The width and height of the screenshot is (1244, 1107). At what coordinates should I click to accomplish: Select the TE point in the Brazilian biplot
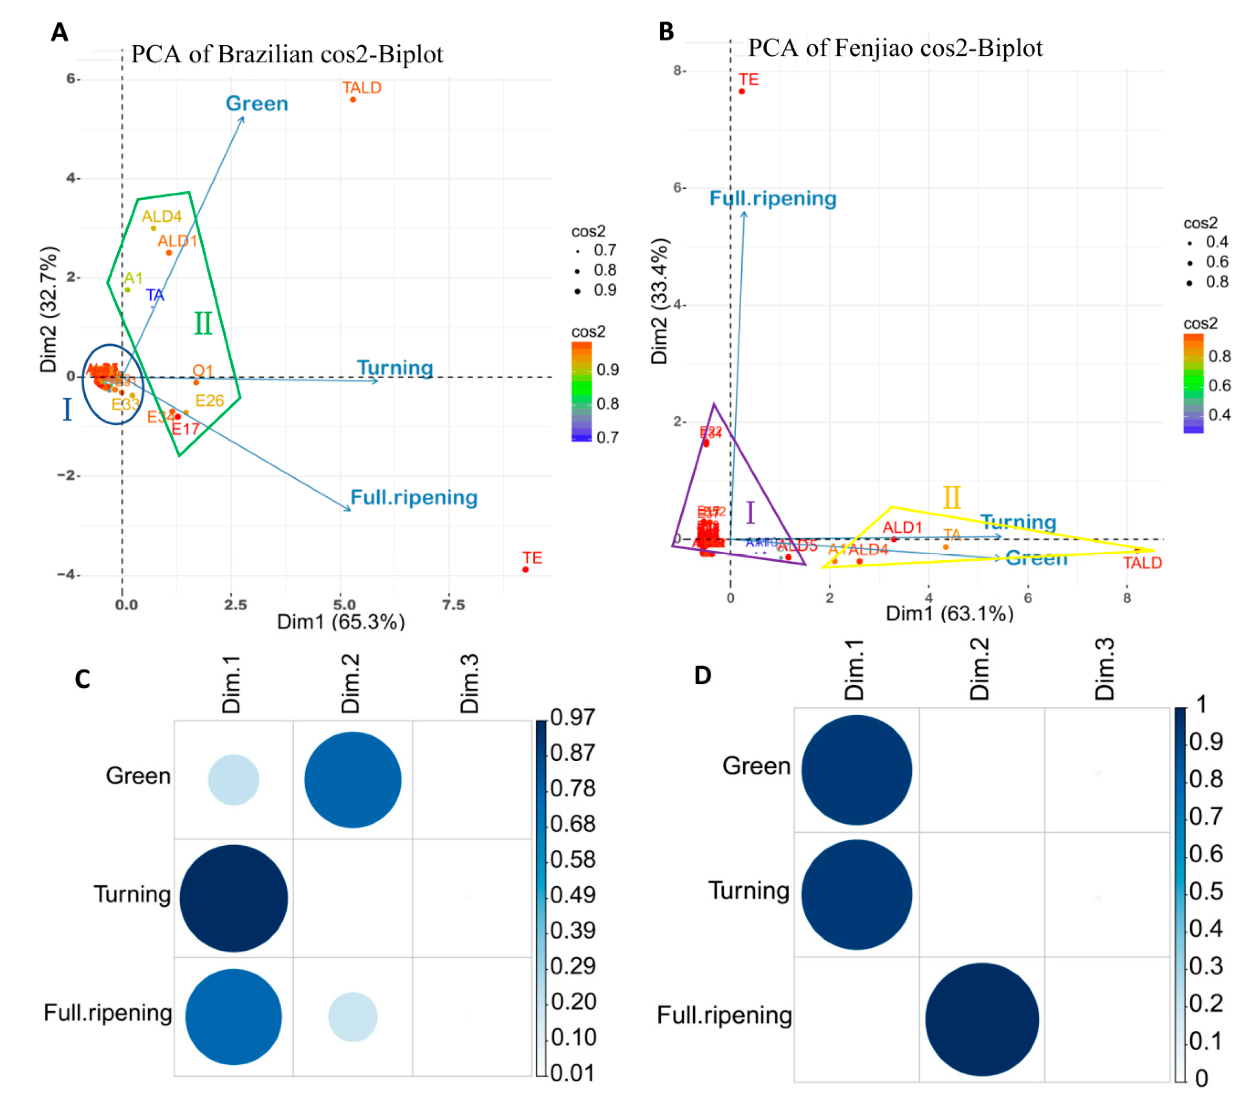(525, 570)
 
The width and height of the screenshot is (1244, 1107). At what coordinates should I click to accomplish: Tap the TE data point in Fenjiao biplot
(742, 91)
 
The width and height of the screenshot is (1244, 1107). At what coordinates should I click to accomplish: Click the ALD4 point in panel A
(153, 228)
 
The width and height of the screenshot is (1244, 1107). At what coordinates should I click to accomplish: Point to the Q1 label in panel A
(203, 371)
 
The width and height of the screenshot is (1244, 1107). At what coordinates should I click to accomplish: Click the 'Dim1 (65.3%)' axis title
(341, 621)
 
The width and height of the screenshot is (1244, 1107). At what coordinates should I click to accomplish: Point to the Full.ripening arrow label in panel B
(773, 198)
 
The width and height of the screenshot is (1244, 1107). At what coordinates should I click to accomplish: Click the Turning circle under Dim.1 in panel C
(234, 898)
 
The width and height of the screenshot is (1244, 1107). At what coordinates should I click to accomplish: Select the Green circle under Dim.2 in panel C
(353, 780)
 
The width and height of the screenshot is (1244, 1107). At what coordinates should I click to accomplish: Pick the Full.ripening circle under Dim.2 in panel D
(982, 1019)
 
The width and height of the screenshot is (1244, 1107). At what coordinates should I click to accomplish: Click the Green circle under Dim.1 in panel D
(856, 770)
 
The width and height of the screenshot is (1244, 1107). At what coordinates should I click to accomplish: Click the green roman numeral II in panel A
(203, 324)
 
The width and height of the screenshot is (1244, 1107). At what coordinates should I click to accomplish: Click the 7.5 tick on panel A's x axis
(453, 605)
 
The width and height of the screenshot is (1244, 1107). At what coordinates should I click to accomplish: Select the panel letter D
(703, 675)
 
